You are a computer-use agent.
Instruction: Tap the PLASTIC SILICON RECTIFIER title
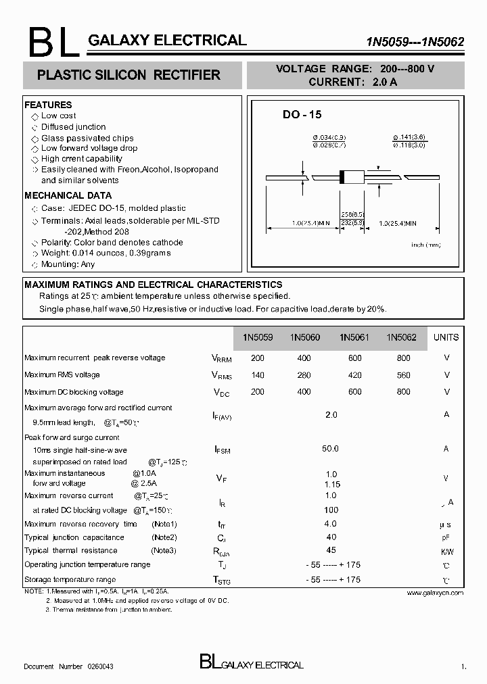pyautogui.click(x=129, y=75)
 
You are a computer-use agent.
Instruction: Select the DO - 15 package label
pyautogui.click(x=302, y=115)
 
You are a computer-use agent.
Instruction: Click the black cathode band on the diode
pyautogui.click(x=342, y=177)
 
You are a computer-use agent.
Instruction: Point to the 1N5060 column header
pyautogui.click(x=305, y=337)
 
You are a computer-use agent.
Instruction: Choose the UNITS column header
pyautogui.click(x=446, y=337)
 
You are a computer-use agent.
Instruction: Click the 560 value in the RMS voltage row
pyautogui.click(x=403, y=375)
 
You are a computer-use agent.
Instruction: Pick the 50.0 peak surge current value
pyautogui.click(x=330, y=448)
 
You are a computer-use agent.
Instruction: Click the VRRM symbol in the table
pyautogui.click(x=221, y=359)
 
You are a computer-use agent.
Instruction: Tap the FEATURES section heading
pyautogui.click(x=48, y=105)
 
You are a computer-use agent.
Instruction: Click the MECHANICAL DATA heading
pyautogui.click(x=68, y=195)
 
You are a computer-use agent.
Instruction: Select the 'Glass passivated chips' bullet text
pyautogui.click(x=87, y=138)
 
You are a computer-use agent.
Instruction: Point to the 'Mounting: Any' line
pyautogui.click(x=68, y=264)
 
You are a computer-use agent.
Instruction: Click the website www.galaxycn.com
pyautogui.click(x=435, y=592)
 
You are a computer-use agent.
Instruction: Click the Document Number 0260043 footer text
pyautogui.click(x=68, y=666)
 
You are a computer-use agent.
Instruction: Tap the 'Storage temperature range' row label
pyautogui.click(x=70, y=579)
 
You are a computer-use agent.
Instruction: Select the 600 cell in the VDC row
pyautogui.click(x=355, y=392)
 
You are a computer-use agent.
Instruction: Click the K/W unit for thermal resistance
pyautogui.click(x=446, y=552)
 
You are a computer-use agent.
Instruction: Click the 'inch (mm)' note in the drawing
pyautogui.click(x=426, y=245)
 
